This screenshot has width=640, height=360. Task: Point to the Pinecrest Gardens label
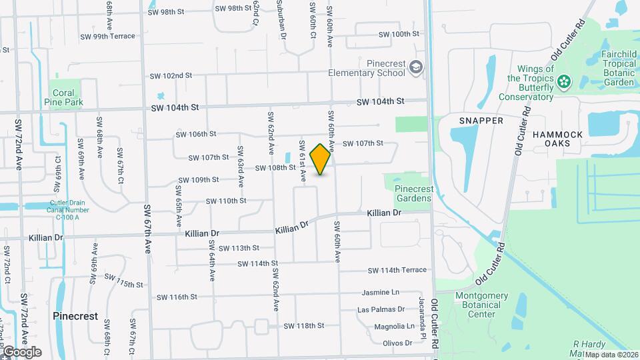coord(414,193)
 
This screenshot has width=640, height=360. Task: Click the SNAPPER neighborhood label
coord(481,120)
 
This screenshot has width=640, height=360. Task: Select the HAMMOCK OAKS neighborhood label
coord(557,140)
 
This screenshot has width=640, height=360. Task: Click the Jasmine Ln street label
coord(380,292)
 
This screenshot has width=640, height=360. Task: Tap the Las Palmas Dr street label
coord(381,309)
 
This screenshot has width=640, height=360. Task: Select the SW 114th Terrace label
coord(397,270)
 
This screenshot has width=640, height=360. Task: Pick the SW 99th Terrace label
coord(107,36)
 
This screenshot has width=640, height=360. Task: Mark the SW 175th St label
coord(121,283)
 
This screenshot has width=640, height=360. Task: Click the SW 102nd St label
coord(171,76)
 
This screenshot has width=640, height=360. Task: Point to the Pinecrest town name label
coord(75,316)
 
